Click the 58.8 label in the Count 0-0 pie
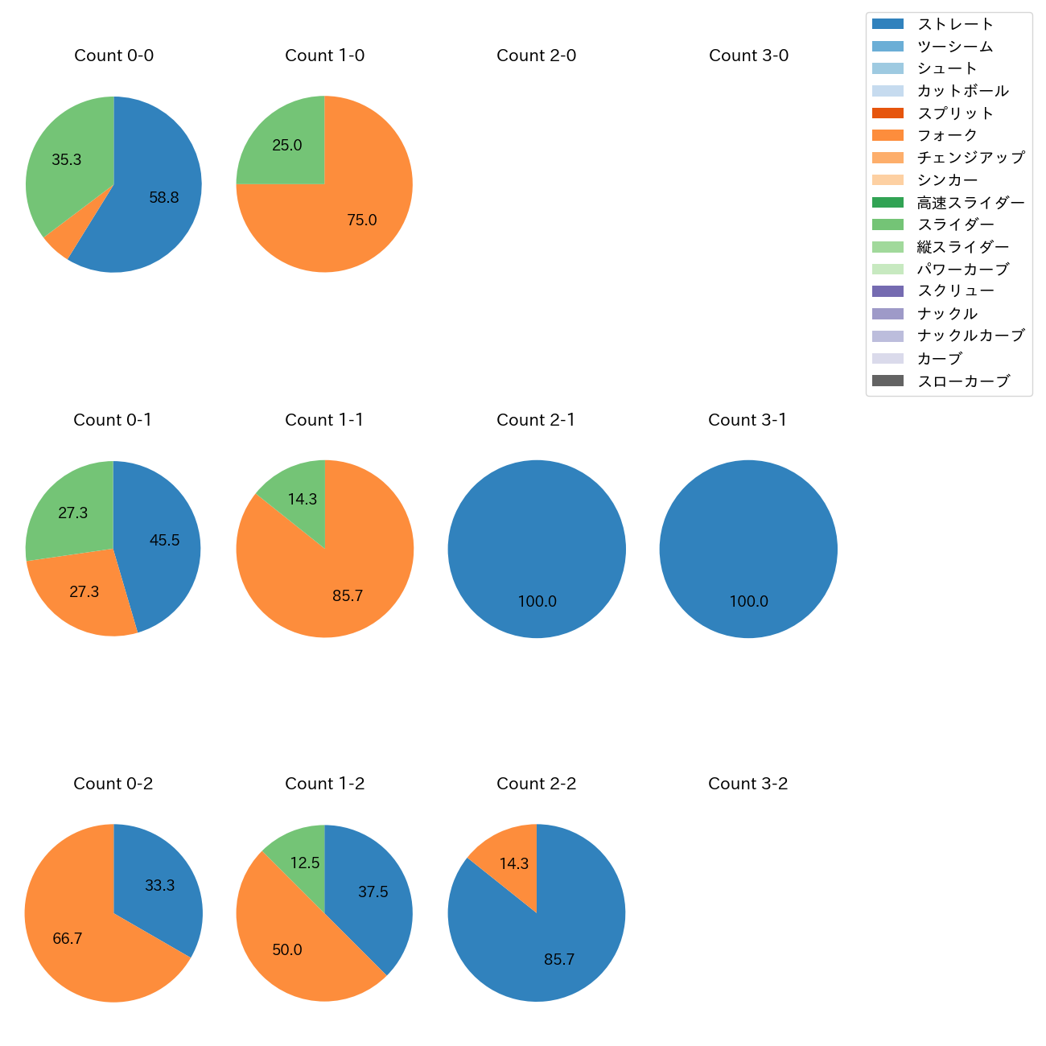164,198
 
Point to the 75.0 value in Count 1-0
361,220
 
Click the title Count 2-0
536,56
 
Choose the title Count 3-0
748,56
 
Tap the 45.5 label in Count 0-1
164,541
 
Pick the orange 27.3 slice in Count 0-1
84,592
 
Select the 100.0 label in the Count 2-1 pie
537,602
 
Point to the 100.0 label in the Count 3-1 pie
748,602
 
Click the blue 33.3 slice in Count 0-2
159,885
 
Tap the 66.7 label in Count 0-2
68,939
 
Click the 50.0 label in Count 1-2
287,950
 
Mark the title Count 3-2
747,784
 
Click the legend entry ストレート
955,24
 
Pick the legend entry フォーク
947,135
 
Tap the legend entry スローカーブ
963,381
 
